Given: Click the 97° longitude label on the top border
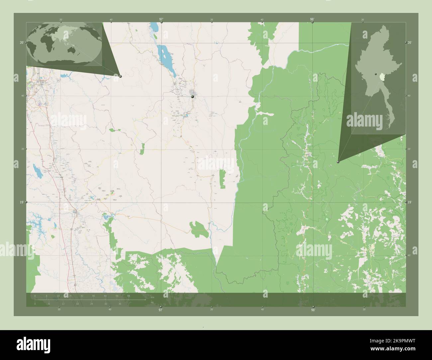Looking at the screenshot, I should click(161, 19).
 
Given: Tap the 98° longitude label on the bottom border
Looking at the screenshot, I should click(313, 310).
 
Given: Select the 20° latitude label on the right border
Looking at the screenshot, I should click(410, 43).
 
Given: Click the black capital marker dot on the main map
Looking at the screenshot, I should click(192, 96).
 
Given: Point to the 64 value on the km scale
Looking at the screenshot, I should click(128, 296).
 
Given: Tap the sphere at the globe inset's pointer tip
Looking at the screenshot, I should click(120, 76).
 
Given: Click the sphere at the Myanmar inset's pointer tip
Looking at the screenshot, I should click(338, 162).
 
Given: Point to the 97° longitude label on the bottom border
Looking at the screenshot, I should click(161, 310).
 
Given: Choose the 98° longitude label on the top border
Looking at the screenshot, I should click(312, 19).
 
